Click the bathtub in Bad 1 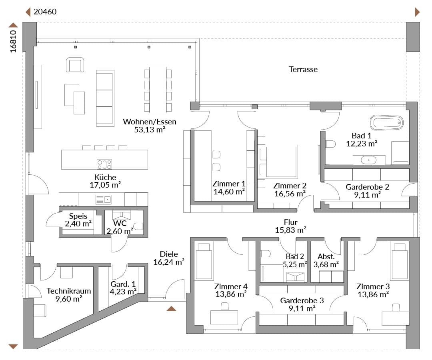pyautogui.click(x=386, y=122)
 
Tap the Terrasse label pyautogui.click(x=303, y=70)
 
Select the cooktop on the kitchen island pyautogui.click(x=104, y=164)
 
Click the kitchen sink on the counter pyautogui.click(x=103, y=200)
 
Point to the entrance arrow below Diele pyautogui.click(x=171, y=308)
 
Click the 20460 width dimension pyautogui.click(x=45, y=12)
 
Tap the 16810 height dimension pyautogui.click(x=13, y=41)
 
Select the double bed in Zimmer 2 pyautogui.click(x=278, y=161)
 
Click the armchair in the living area pyautogui.click(x=75, y=65)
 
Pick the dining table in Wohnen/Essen pyautogui.click(x=158, y=90)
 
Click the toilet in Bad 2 pyautogui.click(x=266, y=254)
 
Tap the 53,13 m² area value pyautogui.click(x=150, y=130)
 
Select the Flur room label pyautogui.click(x=291, y=222)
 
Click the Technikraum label pyautogui.click(x=69, y=291)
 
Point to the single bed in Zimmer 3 pyautogui.click(x=400, y=261)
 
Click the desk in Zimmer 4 pyautogui.click(x=224, y=317)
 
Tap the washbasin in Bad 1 pyautogui.click(x=369, y=160)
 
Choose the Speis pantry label pyautogui.click(x=78, y=216)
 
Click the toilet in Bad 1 pyautogui.click(x=330, y=144)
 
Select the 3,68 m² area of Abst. pyautogui.click(x=326, y=265)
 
